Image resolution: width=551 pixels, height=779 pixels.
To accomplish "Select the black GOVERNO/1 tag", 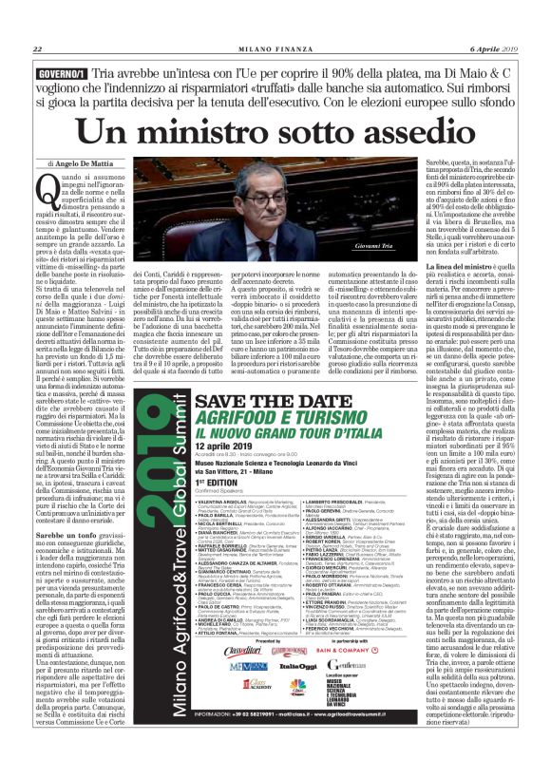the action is tap(60, 73).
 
